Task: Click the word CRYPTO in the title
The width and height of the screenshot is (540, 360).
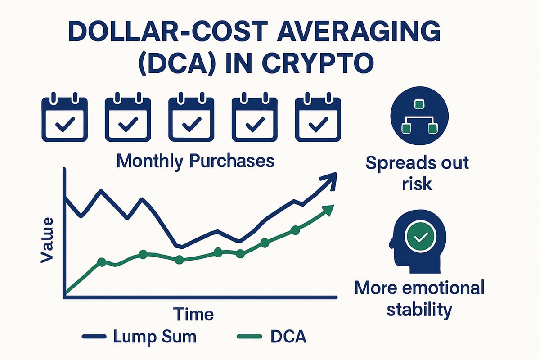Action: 318,63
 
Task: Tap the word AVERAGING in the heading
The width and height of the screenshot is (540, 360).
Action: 359,31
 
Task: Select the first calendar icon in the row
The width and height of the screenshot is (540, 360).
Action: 65,117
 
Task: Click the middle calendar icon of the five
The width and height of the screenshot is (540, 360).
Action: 191,117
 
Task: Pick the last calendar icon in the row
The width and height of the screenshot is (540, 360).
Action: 318,117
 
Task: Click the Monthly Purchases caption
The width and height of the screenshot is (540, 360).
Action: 195,162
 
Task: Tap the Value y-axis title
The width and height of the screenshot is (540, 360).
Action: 47,240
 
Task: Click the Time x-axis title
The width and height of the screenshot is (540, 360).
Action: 193,314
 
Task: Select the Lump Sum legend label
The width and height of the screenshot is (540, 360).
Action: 155,336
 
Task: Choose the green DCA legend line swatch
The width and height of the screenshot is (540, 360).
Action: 249,337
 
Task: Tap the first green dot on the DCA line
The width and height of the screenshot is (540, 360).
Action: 102,262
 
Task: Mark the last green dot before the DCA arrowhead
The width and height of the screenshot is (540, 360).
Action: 295,230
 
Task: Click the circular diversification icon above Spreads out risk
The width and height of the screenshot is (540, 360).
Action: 419,116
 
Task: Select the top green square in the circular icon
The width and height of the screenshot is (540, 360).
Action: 419,104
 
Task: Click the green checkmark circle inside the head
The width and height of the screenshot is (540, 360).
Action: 421,237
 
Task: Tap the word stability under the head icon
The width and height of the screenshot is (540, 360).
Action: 419,310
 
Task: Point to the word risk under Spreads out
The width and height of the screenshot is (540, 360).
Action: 417,184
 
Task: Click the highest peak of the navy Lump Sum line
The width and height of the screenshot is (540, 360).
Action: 102,191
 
